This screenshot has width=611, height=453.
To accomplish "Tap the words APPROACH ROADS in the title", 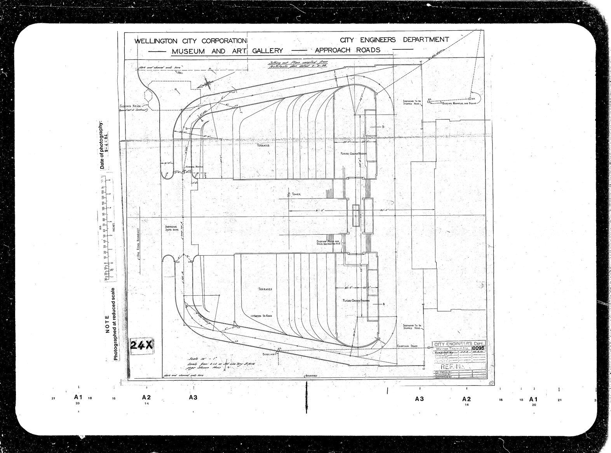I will (x=347, y=50).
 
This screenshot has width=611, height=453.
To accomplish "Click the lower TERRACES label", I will (x=265, y=289).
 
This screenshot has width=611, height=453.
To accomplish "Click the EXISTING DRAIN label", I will (x=407, y=345).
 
